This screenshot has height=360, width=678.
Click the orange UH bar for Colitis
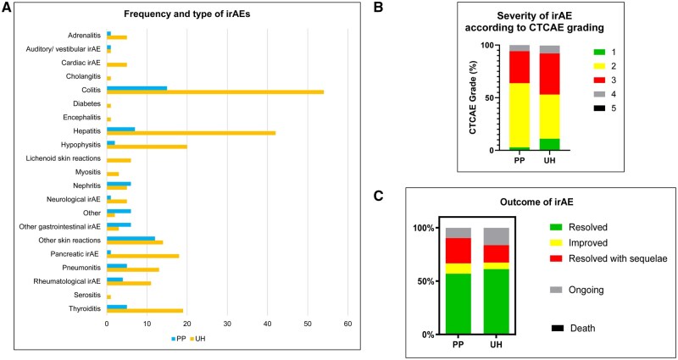click(215, 92)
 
